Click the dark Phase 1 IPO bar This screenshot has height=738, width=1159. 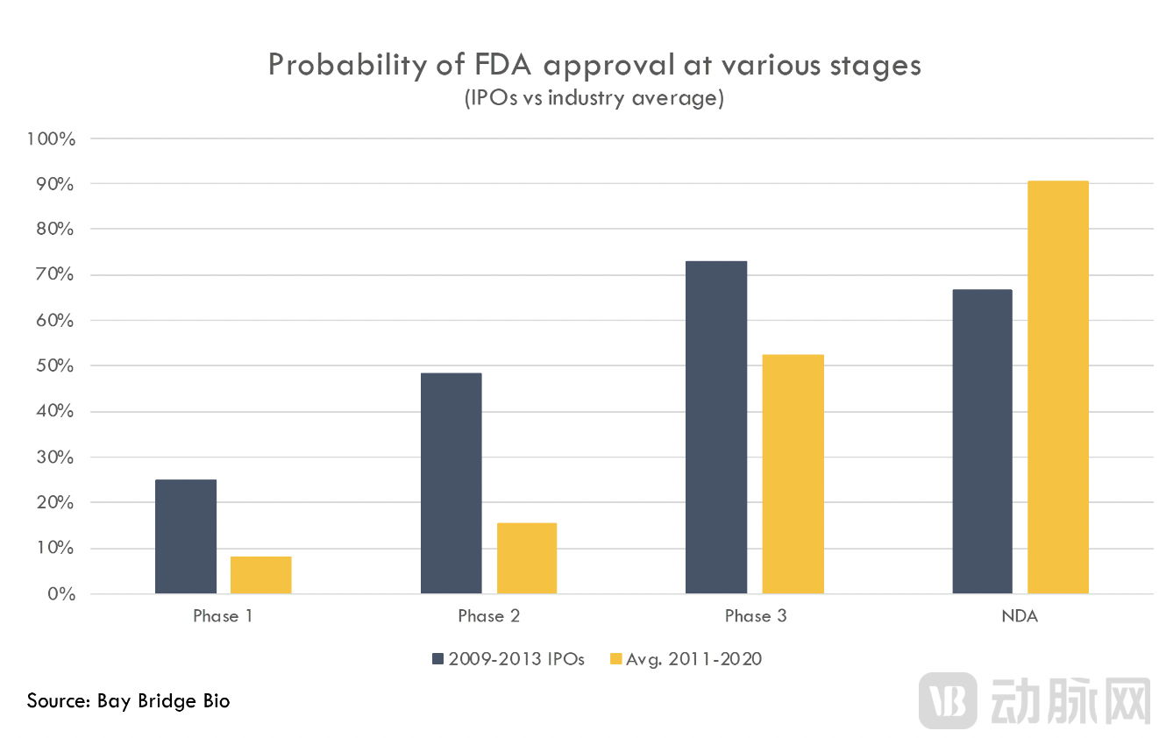click(x=186, y=536)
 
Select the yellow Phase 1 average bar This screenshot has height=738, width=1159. click(x=261, y=575)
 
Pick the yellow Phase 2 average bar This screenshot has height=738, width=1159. click(x=527, y=558)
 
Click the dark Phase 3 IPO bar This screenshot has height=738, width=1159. click(x=716, y=428)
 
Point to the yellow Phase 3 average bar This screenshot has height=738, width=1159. click(x=793, y=474)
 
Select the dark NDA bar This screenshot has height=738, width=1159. click(x=982, y=442)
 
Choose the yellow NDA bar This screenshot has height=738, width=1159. click(x=1058, y=387)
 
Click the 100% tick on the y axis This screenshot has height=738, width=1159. click(x=53, y=138)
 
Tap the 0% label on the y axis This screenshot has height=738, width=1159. click(x=61, y=594)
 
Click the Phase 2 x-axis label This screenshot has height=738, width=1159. click(x=488, y=616)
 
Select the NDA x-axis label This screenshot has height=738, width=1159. click(x=1020, y=616)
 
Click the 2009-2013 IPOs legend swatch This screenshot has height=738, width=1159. click(x=439, y=659)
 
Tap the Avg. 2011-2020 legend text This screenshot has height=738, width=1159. click(x=693, y=659)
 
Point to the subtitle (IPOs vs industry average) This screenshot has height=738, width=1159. click(x=594, y=98)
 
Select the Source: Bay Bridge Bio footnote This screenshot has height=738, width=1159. click(x=128, y=700)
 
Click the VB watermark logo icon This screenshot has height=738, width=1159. click(x=948, y=701)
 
